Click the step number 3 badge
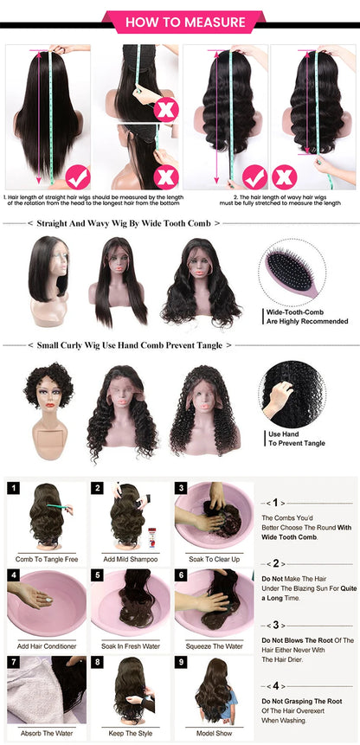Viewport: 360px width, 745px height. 181,488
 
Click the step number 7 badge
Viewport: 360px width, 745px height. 14,662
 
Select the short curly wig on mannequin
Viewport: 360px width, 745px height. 50,407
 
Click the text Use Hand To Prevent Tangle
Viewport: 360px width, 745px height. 296,439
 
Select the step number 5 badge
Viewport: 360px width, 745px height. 98,575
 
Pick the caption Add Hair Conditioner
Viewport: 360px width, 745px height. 42,645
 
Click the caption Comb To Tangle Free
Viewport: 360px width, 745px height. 42,559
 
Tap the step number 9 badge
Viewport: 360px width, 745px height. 181,662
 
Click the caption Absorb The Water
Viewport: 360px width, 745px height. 42,733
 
